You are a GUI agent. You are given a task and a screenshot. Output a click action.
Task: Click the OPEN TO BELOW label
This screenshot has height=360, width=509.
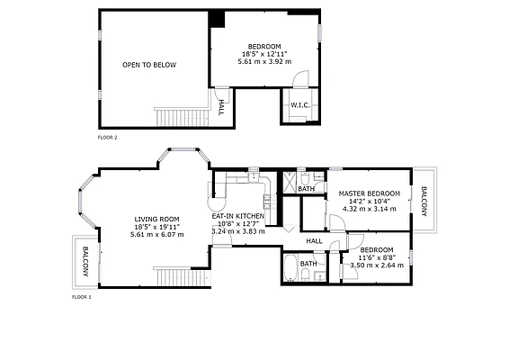[x=149, y=65]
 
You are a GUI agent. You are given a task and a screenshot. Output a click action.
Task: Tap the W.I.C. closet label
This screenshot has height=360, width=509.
[x=299, y=106]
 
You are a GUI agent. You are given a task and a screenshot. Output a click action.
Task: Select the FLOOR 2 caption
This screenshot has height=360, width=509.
[x=107, y=138]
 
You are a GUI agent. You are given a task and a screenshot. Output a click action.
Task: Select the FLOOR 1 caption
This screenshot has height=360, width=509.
[x=81, y=295]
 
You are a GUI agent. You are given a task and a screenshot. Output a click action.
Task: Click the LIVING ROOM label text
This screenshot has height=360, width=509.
[x=156, y=219]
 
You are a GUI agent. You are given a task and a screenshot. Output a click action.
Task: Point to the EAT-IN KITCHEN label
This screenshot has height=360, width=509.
[x=238, y=216]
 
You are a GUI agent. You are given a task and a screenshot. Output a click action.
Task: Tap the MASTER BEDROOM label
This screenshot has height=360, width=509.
[x=369, y=193]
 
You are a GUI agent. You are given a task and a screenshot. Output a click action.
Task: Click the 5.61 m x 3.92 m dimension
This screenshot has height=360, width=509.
[x=264, y=63]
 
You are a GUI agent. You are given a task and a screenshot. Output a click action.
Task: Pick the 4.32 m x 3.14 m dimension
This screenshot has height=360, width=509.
[x=369, y=210]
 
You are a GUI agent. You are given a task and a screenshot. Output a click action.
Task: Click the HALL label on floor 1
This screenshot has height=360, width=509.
[x=314, y=241]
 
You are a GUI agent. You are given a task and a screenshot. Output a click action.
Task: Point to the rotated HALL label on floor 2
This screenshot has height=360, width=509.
[x=220, y=109]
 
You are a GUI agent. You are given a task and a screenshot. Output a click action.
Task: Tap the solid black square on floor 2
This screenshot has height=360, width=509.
[x=217, y=19]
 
